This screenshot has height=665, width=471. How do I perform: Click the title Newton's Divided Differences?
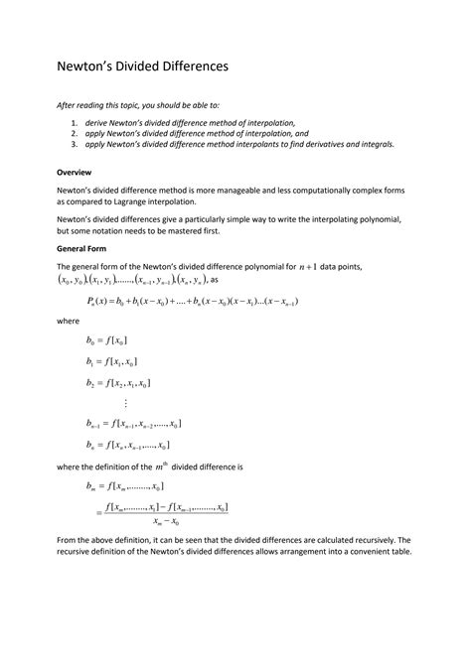142,66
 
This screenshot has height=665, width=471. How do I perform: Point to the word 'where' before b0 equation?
67,322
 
